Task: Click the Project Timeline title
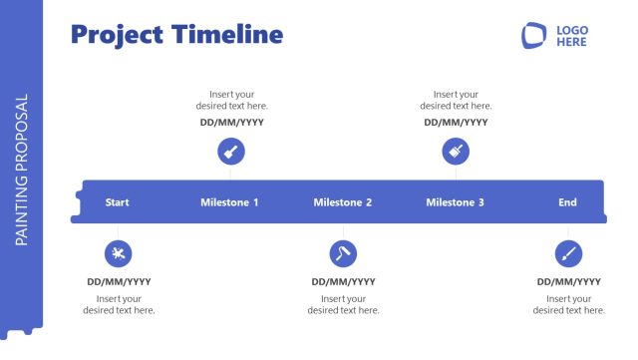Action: (x=176, y=35)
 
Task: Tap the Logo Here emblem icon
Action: (x=535, y=36)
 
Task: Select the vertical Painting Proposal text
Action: (x=22, y=170)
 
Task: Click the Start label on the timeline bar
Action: (x=118, y=202)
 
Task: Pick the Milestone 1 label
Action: (x=229, y=202)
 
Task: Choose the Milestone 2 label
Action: (x=343, y=202)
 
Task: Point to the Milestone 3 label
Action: (x=456, y=202)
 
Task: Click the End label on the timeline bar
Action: (x=567, y=202)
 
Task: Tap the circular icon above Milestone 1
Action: (x=231, y=152)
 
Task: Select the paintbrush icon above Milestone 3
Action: (x=456, y=152)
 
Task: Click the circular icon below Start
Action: (x=118, y=253)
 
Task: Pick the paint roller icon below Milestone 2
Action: (x=343, y=253)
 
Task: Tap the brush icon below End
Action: (x=568, y=253)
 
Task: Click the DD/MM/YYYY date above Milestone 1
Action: (x=231, y=123)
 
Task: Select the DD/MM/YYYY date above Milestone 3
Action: (x=456, y=123)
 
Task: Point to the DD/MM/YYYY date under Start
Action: (x=119, y=282)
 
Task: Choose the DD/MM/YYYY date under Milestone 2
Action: (x=343, y=282)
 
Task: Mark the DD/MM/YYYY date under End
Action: (x=568, y=282)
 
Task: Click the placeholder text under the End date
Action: (x=568, y=304)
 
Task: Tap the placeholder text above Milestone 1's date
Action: (x=231, y=100)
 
